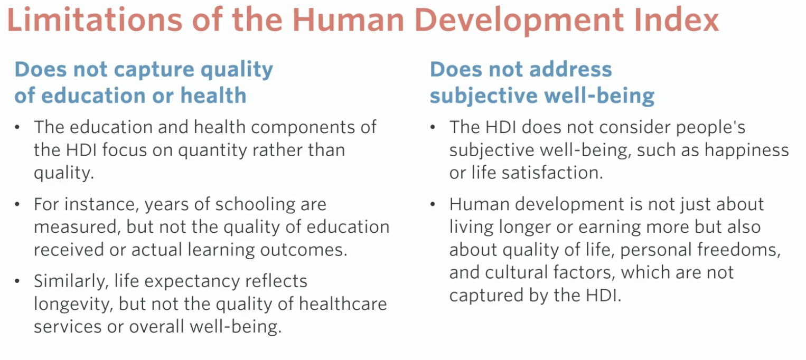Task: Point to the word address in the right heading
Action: pyautogui.click(x=570, y=69)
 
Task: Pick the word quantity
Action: pyautogui.click(x=213, y=150)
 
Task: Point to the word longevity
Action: pyautogui.click(x=74, y=305)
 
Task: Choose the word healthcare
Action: pyautogui.click(x=343, y=304)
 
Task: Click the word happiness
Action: pyautogui.click(x=747, y=150)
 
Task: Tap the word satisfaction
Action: pyautogui.click(x=552, y=173)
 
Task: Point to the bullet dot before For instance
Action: pyautogui.click(x=17, y=205)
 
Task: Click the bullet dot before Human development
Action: pyautogui.click(x=433, y=205)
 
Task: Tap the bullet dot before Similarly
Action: pyautogui.click(x=17, y=281)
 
